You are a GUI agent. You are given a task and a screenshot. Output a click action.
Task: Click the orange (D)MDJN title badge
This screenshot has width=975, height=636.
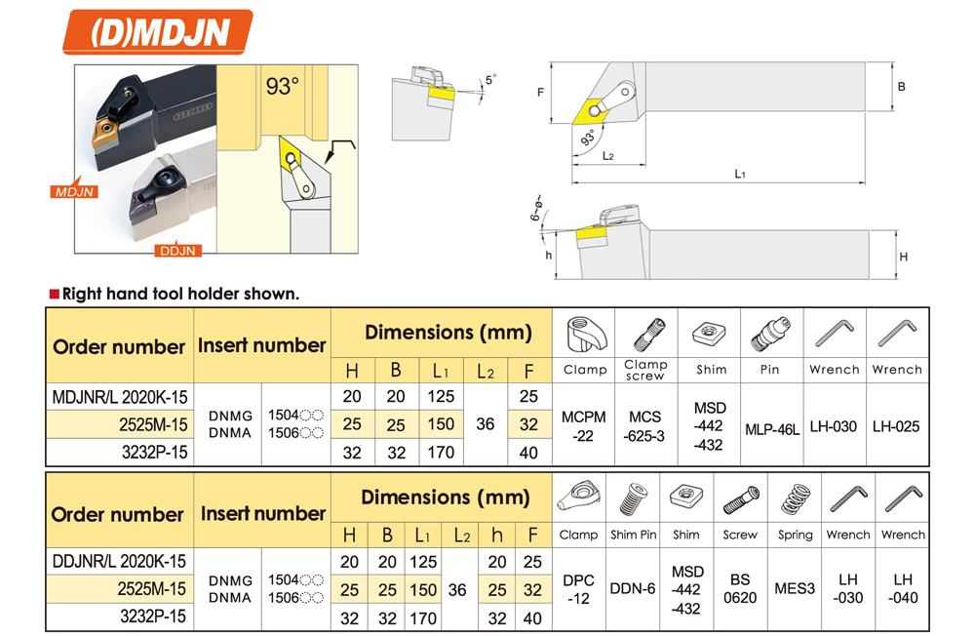tap(158, 32)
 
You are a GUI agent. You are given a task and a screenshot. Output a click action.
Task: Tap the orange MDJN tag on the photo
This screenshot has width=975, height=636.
tap(74, 191)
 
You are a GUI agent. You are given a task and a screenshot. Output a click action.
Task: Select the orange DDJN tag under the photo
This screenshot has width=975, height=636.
tap(177, 250)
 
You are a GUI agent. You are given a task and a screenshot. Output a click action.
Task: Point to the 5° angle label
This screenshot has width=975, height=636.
tap(491, 80)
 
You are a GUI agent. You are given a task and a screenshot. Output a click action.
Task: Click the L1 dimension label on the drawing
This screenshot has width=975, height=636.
tap(739, 175)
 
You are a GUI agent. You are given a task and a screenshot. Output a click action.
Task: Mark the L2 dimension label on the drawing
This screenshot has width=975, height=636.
tap(607, 155)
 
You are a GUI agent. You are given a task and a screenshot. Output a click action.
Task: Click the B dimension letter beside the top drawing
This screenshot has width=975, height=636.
tap(901, 87)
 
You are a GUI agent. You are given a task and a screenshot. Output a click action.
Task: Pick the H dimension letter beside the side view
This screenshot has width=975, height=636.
tap(903, 257)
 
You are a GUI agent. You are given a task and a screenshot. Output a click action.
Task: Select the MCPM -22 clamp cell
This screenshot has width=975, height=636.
tap(583, 426)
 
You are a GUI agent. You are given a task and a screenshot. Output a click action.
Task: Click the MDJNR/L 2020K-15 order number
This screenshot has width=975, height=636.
tap(119, 396)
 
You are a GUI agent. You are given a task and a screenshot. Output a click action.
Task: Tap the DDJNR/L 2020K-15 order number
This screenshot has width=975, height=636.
tap(119, 561)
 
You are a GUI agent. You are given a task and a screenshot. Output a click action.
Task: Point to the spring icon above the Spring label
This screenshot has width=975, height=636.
tap(795, 499)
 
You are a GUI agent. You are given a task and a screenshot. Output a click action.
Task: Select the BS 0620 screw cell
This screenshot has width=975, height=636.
tap(740, 589)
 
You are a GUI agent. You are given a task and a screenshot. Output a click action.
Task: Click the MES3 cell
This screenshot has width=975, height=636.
tap(794, 588)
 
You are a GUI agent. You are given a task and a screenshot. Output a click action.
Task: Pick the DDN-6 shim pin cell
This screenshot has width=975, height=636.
tap(633, 588)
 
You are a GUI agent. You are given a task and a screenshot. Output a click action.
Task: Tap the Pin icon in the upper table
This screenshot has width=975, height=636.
tap(771, 335)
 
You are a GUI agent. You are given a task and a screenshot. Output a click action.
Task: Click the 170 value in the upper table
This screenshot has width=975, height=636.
tap(441, 453)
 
